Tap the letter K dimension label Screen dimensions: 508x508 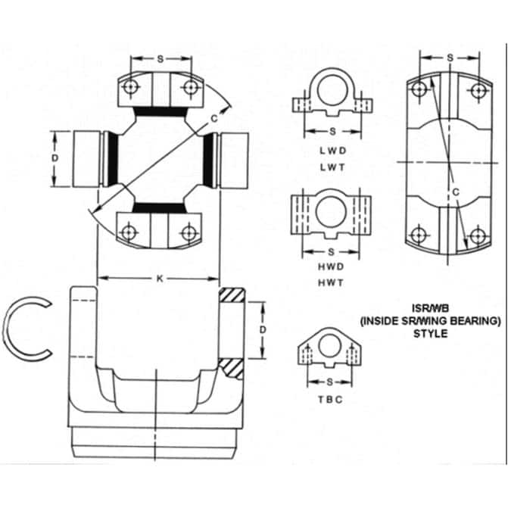pos(159,278)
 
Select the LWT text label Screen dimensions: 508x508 pos(332,169)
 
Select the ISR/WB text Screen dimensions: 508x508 pos(431,308)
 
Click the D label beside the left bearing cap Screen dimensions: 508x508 pos(55,157)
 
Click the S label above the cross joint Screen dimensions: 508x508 pos(160,58)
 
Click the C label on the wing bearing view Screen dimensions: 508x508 pos(456,192)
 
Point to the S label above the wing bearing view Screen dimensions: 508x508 pos(450,58)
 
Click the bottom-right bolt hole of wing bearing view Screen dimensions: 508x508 pos(476,235)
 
